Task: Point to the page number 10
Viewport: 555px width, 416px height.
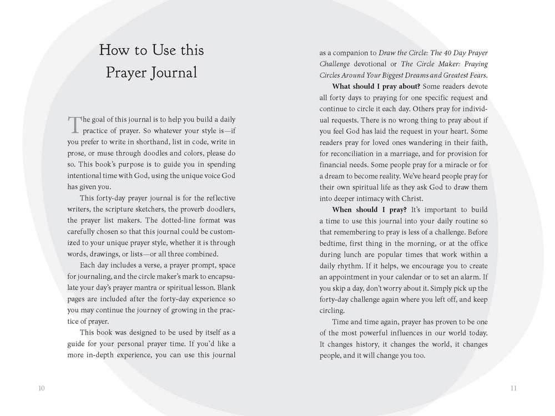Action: click(42, 388)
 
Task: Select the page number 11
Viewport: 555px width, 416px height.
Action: click(513, 388)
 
